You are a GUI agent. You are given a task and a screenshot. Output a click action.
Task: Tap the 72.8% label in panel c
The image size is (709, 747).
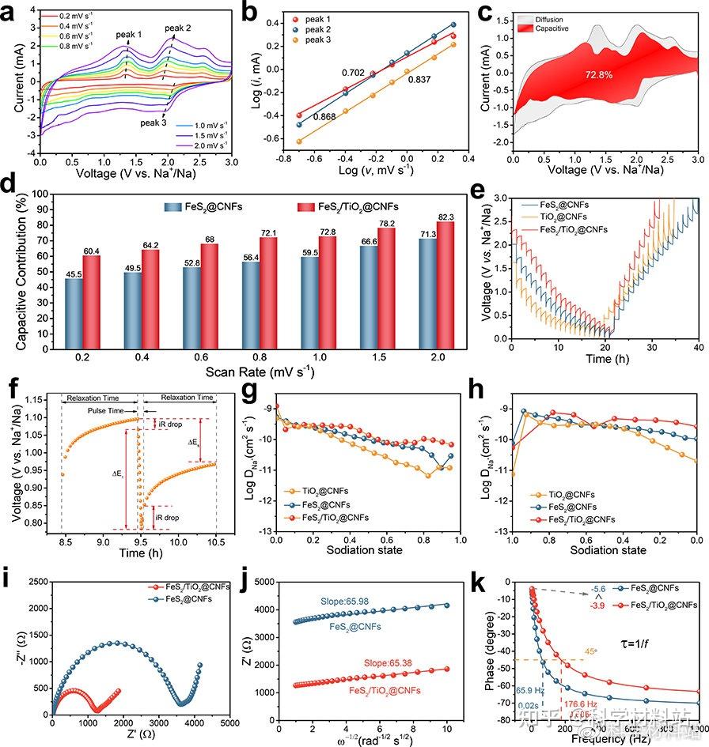pos(599,74)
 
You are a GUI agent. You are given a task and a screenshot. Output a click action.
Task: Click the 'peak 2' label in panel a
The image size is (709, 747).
pos(179,28)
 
